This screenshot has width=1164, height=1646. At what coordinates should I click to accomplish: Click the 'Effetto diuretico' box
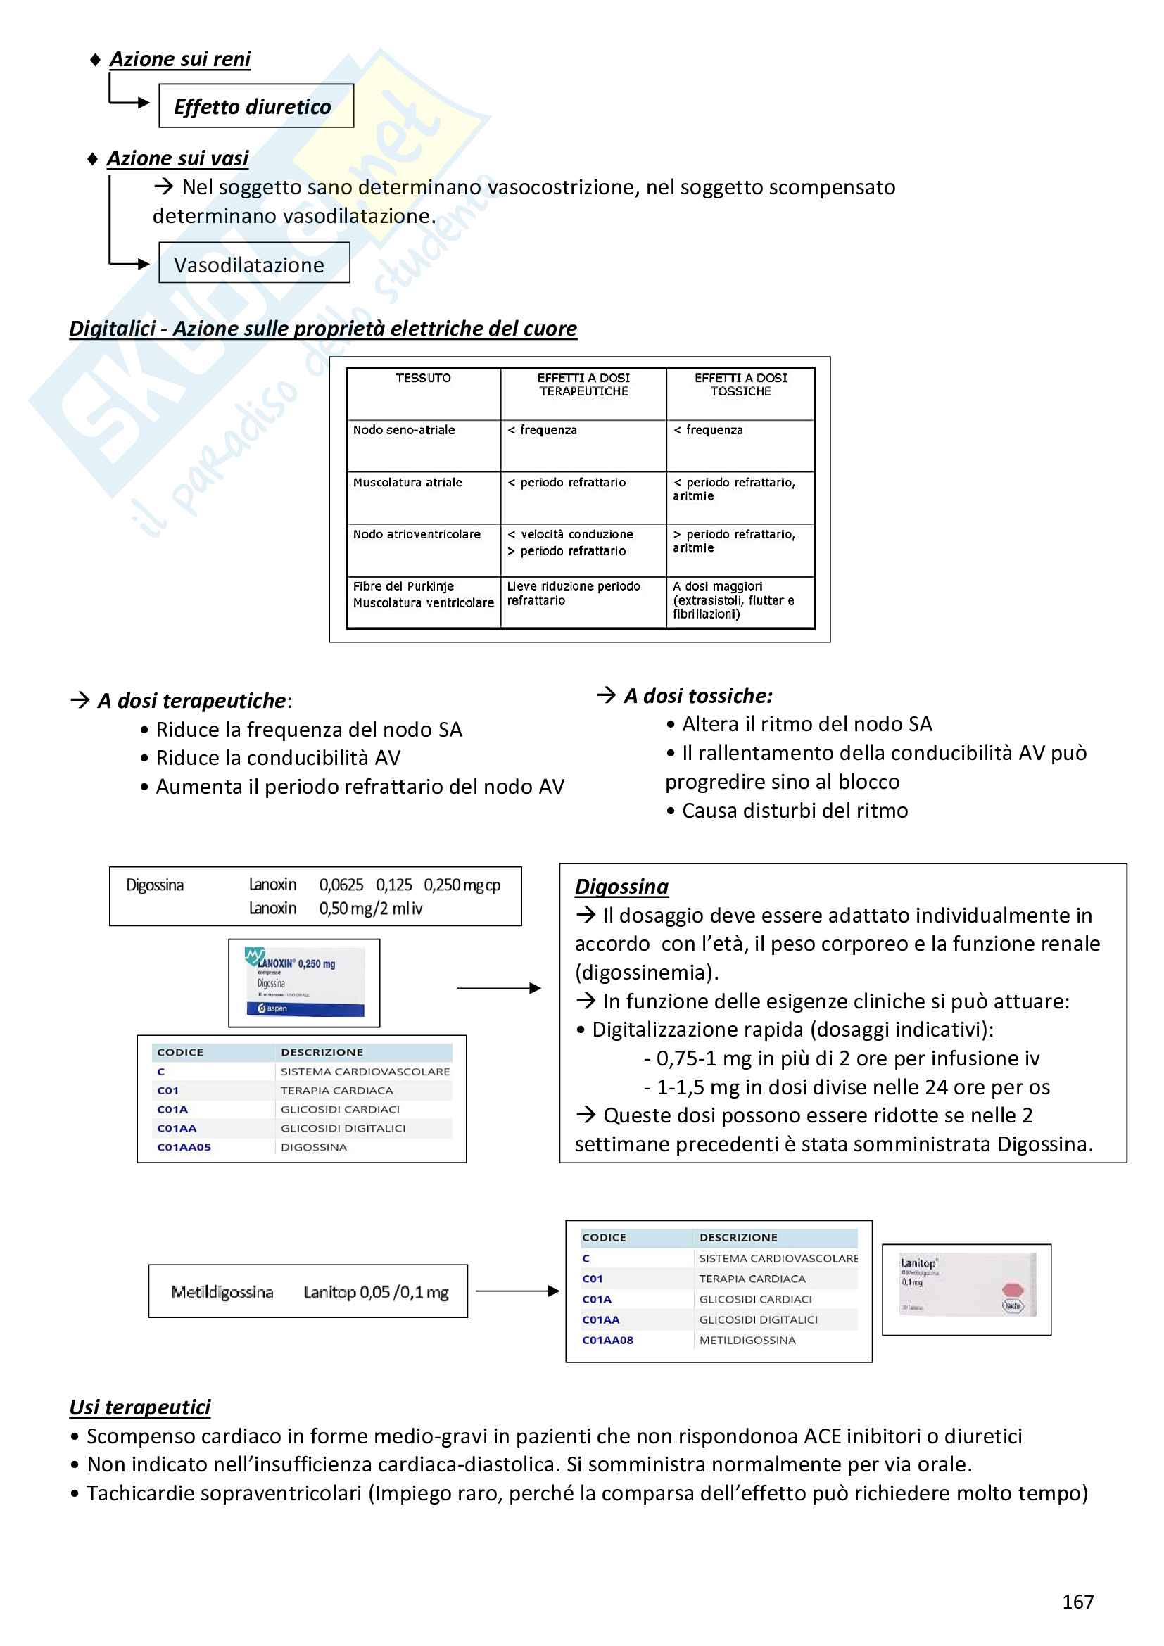tap(256, 106)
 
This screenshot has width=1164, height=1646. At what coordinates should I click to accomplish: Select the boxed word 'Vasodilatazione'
tap(248, 265)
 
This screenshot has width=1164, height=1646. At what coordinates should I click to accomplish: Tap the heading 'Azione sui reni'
tap(180, 59)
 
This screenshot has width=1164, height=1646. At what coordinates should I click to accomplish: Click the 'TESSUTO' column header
tap(423, 378)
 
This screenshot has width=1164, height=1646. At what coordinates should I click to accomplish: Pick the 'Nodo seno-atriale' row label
tap(403, 430)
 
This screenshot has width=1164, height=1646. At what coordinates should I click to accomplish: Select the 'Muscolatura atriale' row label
tap(407, 483)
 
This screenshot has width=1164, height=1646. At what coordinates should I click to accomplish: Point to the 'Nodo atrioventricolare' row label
tap(417, 535)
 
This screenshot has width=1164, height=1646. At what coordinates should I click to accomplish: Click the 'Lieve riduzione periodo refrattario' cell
tap(574, 594)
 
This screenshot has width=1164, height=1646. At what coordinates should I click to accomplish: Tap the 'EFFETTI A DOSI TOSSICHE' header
tap(740, 384)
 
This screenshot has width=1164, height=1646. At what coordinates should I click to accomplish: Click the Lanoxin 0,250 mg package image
tap(304, 983)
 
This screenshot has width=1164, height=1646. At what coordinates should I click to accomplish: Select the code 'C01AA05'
tap(184, 1147)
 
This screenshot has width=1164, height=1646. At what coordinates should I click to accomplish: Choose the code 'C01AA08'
tap(608, 1341)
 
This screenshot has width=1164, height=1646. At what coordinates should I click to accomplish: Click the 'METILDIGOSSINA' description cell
tap(747, 1341)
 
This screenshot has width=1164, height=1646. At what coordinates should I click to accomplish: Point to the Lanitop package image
tap(966, 1290)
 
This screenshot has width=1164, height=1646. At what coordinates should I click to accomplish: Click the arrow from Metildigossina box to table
tap(517, 1291)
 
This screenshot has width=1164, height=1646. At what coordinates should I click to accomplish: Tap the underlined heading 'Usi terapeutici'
tap(140, 1407)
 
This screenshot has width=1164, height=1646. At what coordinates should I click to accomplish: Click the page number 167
tap(1077, 1602)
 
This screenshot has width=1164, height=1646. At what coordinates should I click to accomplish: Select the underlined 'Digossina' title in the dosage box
tap(621, 887)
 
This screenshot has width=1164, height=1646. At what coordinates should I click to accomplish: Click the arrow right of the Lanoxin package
tap(499, 989)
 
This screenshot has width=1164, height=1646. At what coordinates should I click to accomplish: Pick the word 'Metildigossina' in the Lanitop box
tap(222, 1293)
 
